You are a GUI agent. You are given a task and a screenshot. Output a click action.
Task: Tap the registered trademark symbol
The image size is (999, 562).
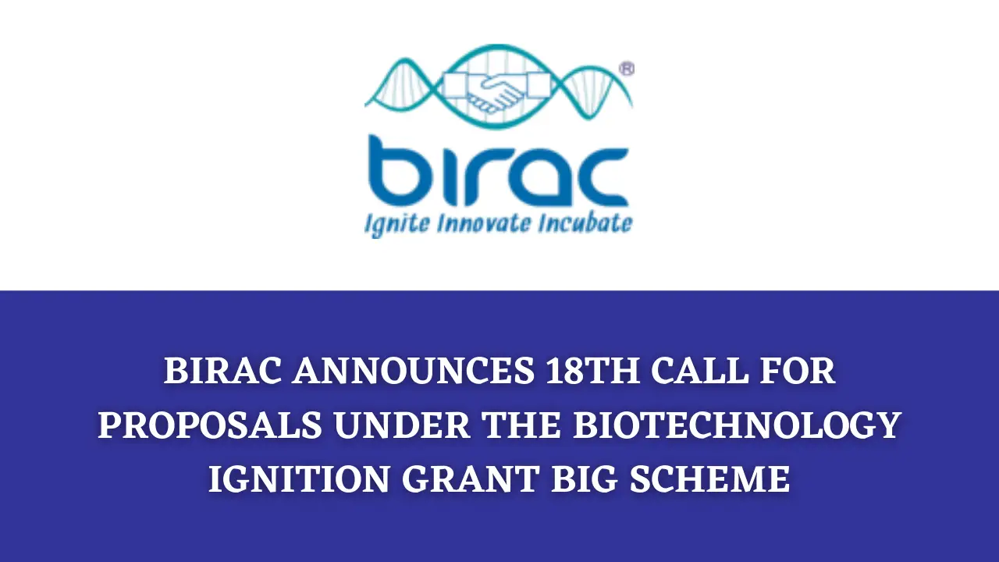[627, 69]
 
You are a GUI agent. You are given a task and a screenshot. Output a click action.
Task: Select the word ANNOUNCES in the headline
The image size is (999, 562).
[414, 371]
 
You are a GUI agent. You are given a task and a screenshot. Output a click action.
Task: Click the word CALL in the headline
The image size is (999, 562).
[700, 371]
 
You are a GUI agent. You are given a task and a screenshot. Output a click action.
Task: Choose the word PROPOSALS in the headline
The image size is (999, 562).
[211, 425]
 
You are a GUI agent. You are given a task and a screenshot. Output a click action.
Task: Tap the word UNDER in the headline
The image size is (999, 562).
[402, 425]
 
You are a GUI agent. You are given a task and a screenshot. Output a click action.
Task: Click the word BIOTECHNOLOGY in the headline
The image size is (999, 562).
[738, 425]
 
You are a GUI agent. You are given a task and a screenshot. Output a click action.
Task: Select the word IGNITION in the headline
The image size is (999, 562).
[300, 479]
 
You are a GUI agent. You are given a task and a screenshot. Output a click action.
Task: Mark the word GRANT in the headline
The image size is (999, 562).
[471, 479]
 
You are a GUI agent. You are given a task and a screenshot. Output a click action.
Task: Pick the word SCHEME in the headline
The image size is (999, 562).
[710, 479]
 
